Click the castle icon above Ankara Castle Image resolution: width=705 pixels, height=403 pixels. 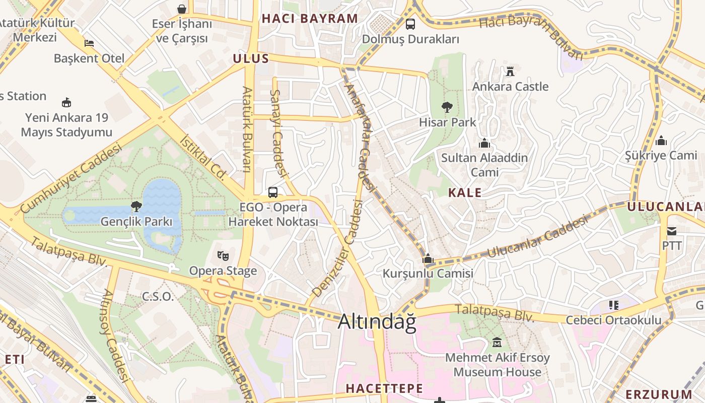[x=510, y=71]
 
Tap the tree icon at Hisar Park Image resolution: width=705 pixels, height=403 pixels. [x=446, y=107]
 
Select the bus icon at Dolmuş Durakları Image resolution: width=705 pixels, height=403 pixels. [x=410, y=24]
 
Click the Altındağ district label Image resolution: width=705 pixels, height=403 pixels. [x=377, y=322]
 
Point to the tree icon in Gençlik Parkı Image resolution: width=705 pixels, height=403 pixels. [x=136, y=206]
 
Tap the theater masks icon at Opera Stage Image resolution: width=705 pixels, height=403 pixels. [x=223, y=255]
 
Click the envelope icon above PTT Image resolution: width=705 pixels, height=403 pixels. [x=672, y=231]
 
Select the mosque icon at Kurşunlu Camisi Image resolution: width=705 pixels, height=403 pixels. [x=428, y=259]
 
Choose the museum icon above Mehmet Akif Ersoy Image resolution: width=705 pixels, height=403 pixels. [x=498, y=343]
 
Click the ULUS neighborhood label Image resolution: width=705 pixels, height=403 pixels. [x=251, y=58]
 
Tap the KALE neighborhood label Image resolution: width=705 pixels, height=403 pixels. [x=465, y=192]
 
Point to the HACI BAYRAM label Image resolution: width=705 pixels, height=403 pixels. [x=310, y=19]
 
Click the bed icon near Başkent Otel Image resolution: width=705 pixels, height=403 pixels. [x=89, y=43]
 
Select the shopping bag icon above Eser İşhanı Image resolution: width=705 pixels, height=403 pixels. [x=181, y=9]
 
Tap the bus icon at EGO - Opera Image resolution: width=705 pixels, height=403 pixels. [x=273, y=192]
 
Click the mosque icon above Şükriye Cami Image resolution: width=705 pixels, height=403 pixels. [x=661, y=140]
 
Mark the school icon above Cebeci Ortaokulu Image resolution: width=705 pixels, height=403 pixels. [x=613, y=305]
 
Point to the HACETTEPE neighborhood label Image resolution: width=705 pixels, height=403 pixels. [x=384, y=388]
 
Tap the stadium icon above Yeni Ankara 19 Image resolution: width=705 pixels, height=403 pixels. [x=66, y=103]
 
